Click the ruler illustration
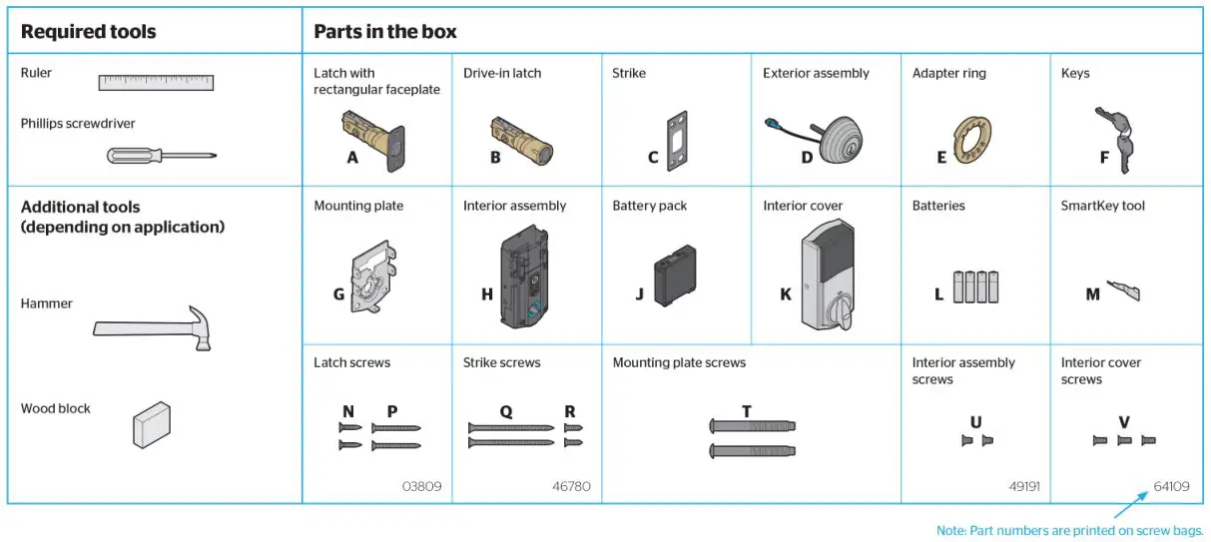[x=156, y=82]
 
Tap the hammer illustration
[x=155, y=328]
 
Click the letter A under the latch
[x=352, y=157]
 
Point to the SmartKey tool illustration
[x=1124, y=292]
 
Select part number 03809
[x=421, y=487]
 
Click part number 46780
[x=571, y=487]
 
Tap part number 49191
[x=1023, y=487]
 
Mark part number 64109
[x=1171, y=487]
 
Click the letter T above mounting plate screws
[x=746, y=410]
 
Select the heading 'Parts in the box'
[x=385, y=31]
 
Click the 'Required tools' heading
[x=88, y=31]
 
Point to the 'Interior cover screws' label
[x=1100, y=370]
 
